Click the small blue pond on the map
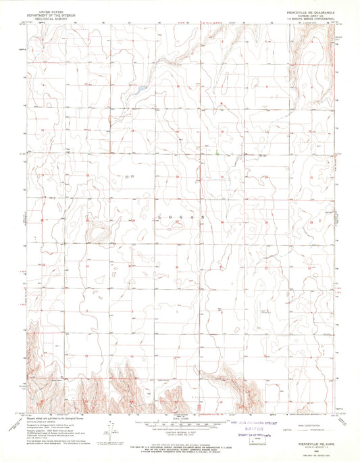point(140,88)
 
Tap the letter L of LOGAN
point(159,217)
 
